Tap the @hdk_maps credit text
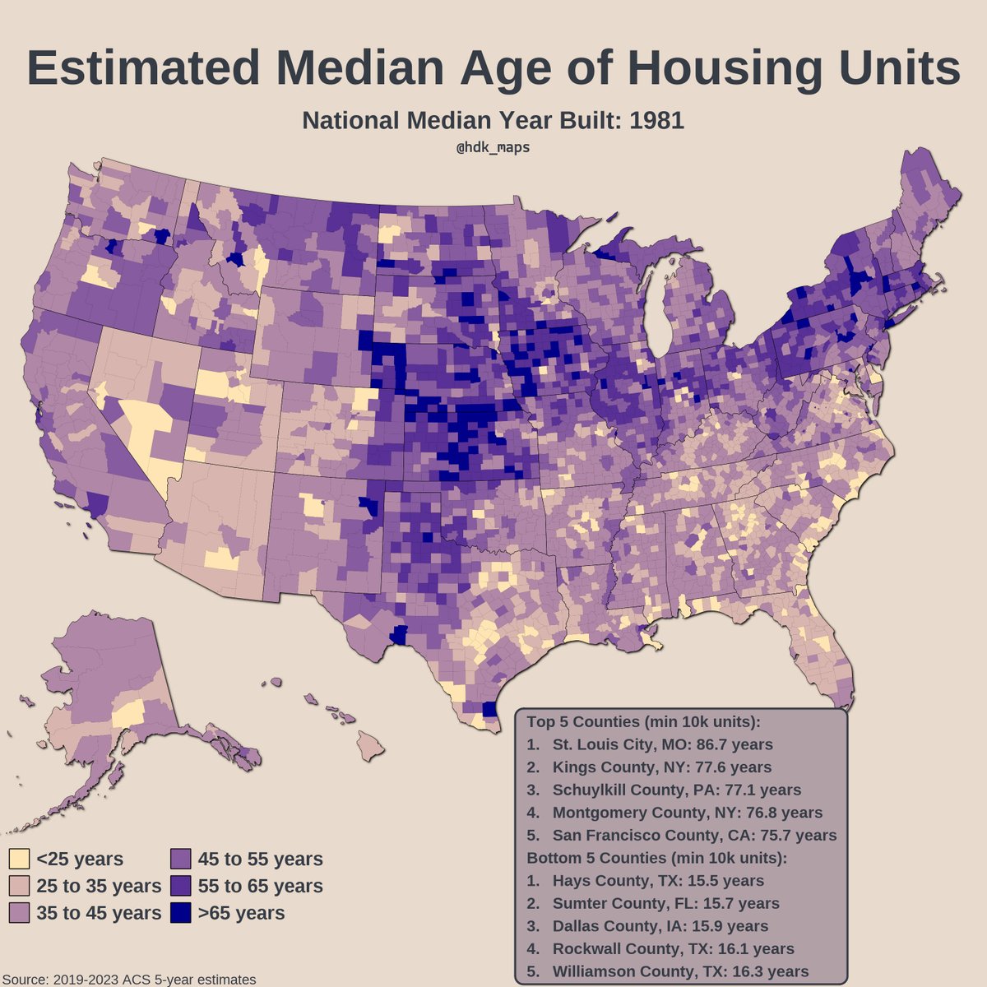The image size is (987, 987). (x=493, y=146)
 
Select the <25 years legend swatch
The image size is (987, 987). (x=19, y=860)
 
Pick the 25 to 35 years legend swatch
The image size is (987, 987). (x=19, y=886)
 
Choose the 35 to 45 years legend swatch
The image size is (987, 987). (x=19, y=913)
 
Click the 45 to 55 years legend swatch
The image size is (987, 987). (x=181, y=860)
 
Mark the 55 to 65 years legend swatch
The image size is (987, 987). (x=181, y=886)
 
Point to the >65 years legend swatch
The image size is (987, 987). (x=181, y=913)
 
